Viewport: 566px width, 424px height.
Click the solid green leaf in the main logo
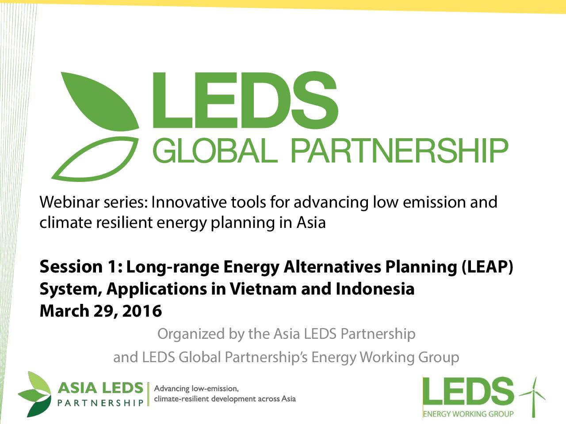(x=103, y=103)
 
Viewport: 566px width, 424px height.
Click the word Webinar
(x=69, y=202)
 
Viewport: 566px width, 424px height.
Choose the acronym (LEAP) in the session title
(x=487, y=267)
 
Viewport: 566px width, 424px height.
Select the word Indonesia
(x=375, y=289)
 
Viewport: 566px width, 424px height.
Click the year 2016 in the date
(x=142, y=311)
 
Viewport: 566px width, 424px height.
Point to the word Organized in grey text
(x=191, y=334)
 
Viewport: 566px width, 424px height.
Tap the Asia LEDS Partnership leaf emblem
(x=35, y=394)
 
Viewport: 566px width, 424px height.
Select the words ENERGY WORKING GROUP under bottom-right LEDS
(x=468, y=414)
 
